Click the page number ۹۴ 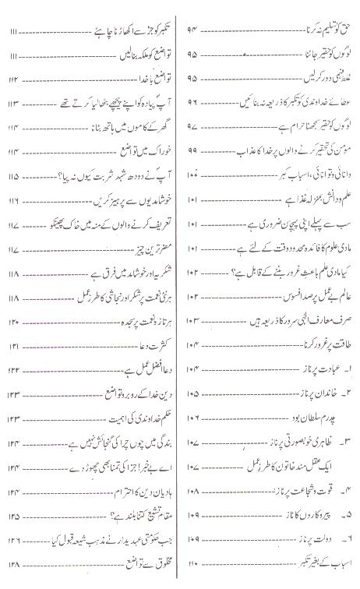pos(194,30)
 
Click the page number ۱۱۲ pos(11,79)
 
